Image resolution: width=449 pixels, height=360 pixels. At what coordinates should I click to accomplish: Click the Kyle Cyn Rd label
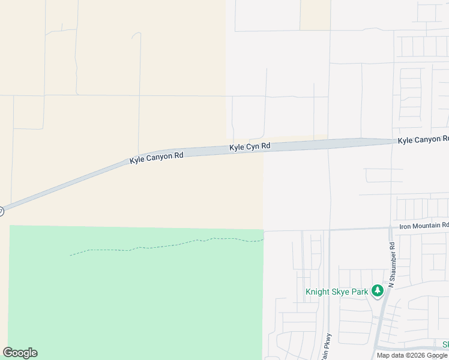click(250, 146)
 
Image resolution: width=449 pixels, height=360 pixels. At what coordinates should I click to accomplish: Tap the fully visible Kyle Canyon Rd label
click(157, 158)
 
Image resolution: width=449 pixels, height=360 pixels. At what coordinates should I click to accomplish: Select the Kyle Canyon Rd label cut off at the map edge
click(423, 140)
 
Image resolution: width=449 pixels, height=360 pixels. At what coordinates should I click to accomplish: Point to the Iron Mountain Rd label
click(424, 226)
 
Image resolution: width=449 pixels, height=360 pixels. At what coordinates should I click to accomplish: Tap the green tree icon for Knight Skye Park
click(377, 292)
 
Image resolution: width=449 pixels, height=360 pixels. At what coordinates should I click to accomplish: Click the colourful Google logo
click(20, 353)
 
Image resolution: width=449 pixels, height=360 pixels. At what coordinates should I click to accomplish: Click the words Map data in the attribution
click(390, 355)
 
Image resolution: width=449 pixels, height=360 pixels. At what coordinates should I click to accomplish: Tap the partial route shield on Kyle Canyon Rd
click(1, 211)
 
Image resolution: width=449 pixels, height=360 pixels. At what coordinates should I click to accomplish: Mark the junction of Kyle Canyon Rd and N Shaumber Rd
click(391, 142)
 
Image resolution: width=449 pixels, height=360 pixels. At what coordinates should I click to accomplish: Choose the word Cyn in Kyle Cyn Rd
click(250, 146)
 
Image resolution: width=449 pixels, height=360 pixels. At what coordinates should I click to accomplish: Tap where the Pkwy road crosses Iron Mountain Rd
click(330, 229)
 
